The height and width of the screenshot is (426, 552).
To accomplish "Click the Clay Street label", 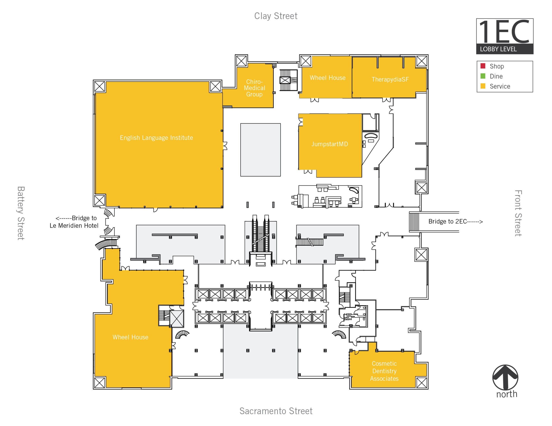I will coord(276,16).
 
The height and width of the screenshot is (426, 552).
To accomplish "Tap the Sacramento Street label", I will coord(276,411).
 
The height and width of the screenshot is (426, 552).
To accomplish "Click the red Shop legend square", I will coord(483,66).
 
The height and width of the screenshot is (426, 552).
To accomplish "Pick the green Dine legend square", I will coord(483,76).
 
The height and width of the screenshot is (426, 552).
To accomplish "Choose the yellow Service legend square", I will coord(483,86).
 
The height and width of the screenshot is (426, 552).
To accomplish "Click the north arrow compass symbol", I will coord(505,377).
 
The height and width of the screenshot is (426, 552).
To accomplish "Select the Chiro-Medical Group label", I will coord(254,88).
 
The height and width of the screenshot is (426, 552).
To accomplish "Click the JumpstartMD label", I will coord(329,144).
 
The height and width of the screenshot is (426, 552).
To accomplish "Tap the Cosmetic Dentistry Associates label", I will coord(384,371).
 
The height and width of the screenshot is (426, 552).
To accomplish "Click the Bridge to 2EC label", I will coord(455,221).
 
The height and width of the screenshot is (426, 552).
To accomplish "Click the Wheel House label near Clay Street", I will coord(327,78).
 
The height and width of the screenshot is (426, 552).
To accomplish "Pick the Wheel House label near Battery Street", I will coord(130,337).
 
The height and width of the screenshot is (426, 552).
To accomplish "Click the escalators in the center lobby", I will coord(260,234).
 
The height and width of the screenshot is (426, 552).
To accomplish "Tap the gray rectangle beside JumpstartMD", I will coord(260,150).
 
